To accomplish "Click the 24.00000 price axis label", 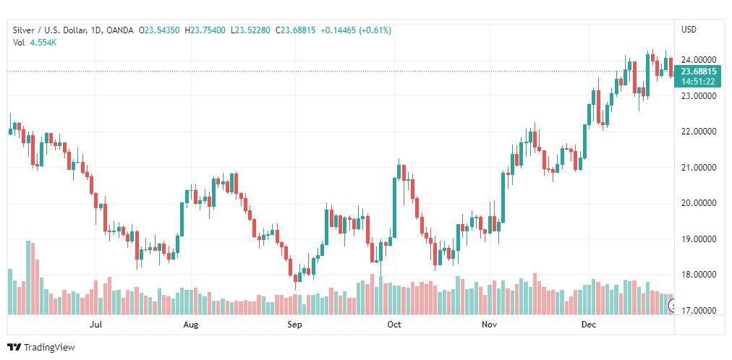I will pos(699,60).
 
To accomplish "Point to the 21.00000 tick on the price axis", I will pos(699,168).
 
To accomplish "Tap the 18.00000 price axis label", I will pos(699,275).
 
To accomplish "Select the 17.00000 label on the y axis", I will pos(699,311).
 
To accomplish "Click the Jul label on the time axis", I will pos(95,325).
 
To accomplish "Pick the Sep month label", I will pos(294,325).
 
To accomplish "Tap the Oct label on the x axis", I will pos(394,325).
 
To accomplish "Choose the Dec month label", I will pos(589,325).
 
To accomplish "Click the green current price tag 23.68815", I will pos(699,72).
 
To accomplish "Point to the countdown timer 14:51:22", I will pos(699,82).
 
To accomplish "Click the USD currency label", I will pos(689,30).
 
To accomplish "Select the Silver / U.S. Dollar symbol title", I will pos(48,30).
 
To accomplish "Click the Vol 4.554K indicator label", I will pos(35,43).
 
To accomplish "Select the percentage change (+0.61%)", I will pos(374,30).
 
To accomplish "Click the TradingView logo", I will pos(41,347).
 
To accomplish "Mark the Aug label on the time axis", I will pos(191,325).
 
